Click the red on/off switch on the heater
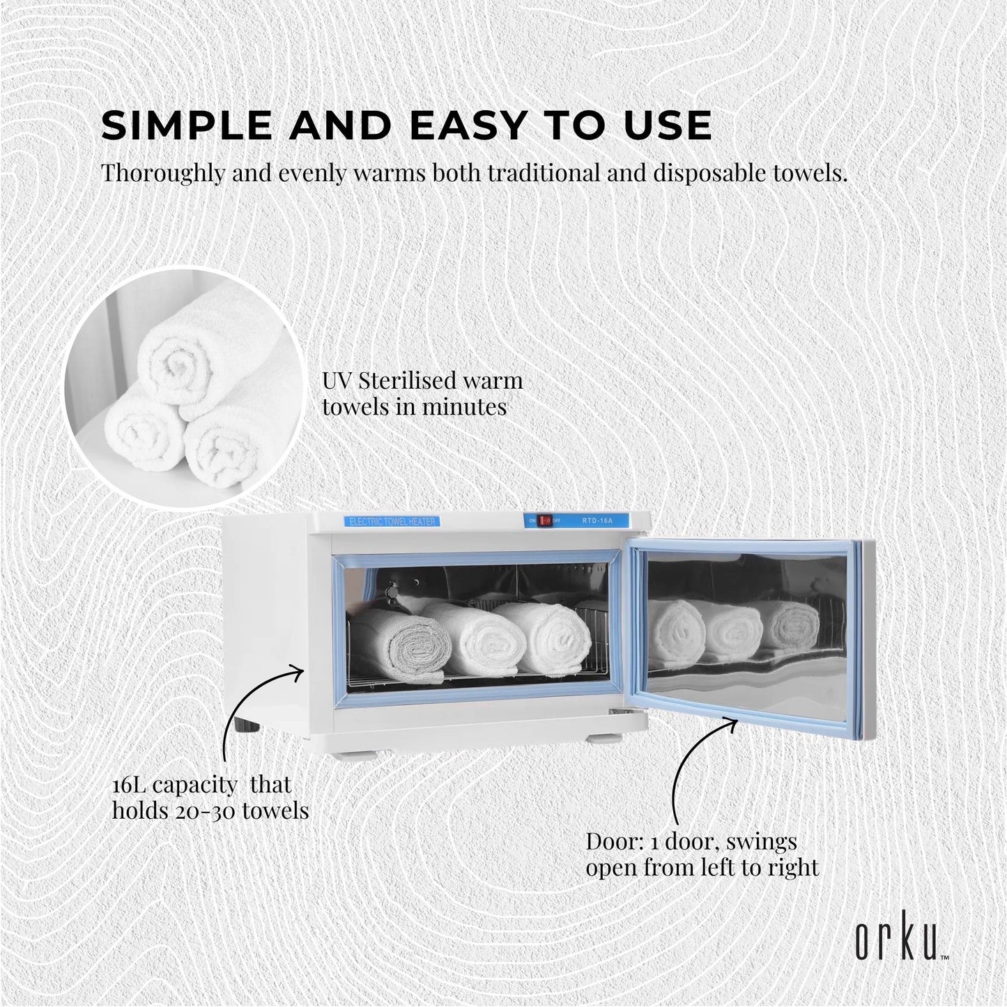coord(547,520)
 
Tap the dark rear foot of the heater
coord(244,725)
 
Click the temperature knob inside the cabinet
coord(391,592)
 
